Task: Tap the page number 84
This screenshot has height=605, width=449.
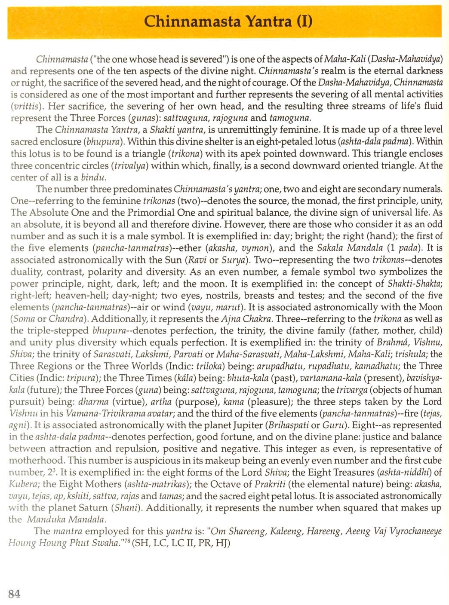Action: [14, 594]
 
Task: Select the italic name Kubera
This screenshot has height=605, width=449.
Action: [24, 484]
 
